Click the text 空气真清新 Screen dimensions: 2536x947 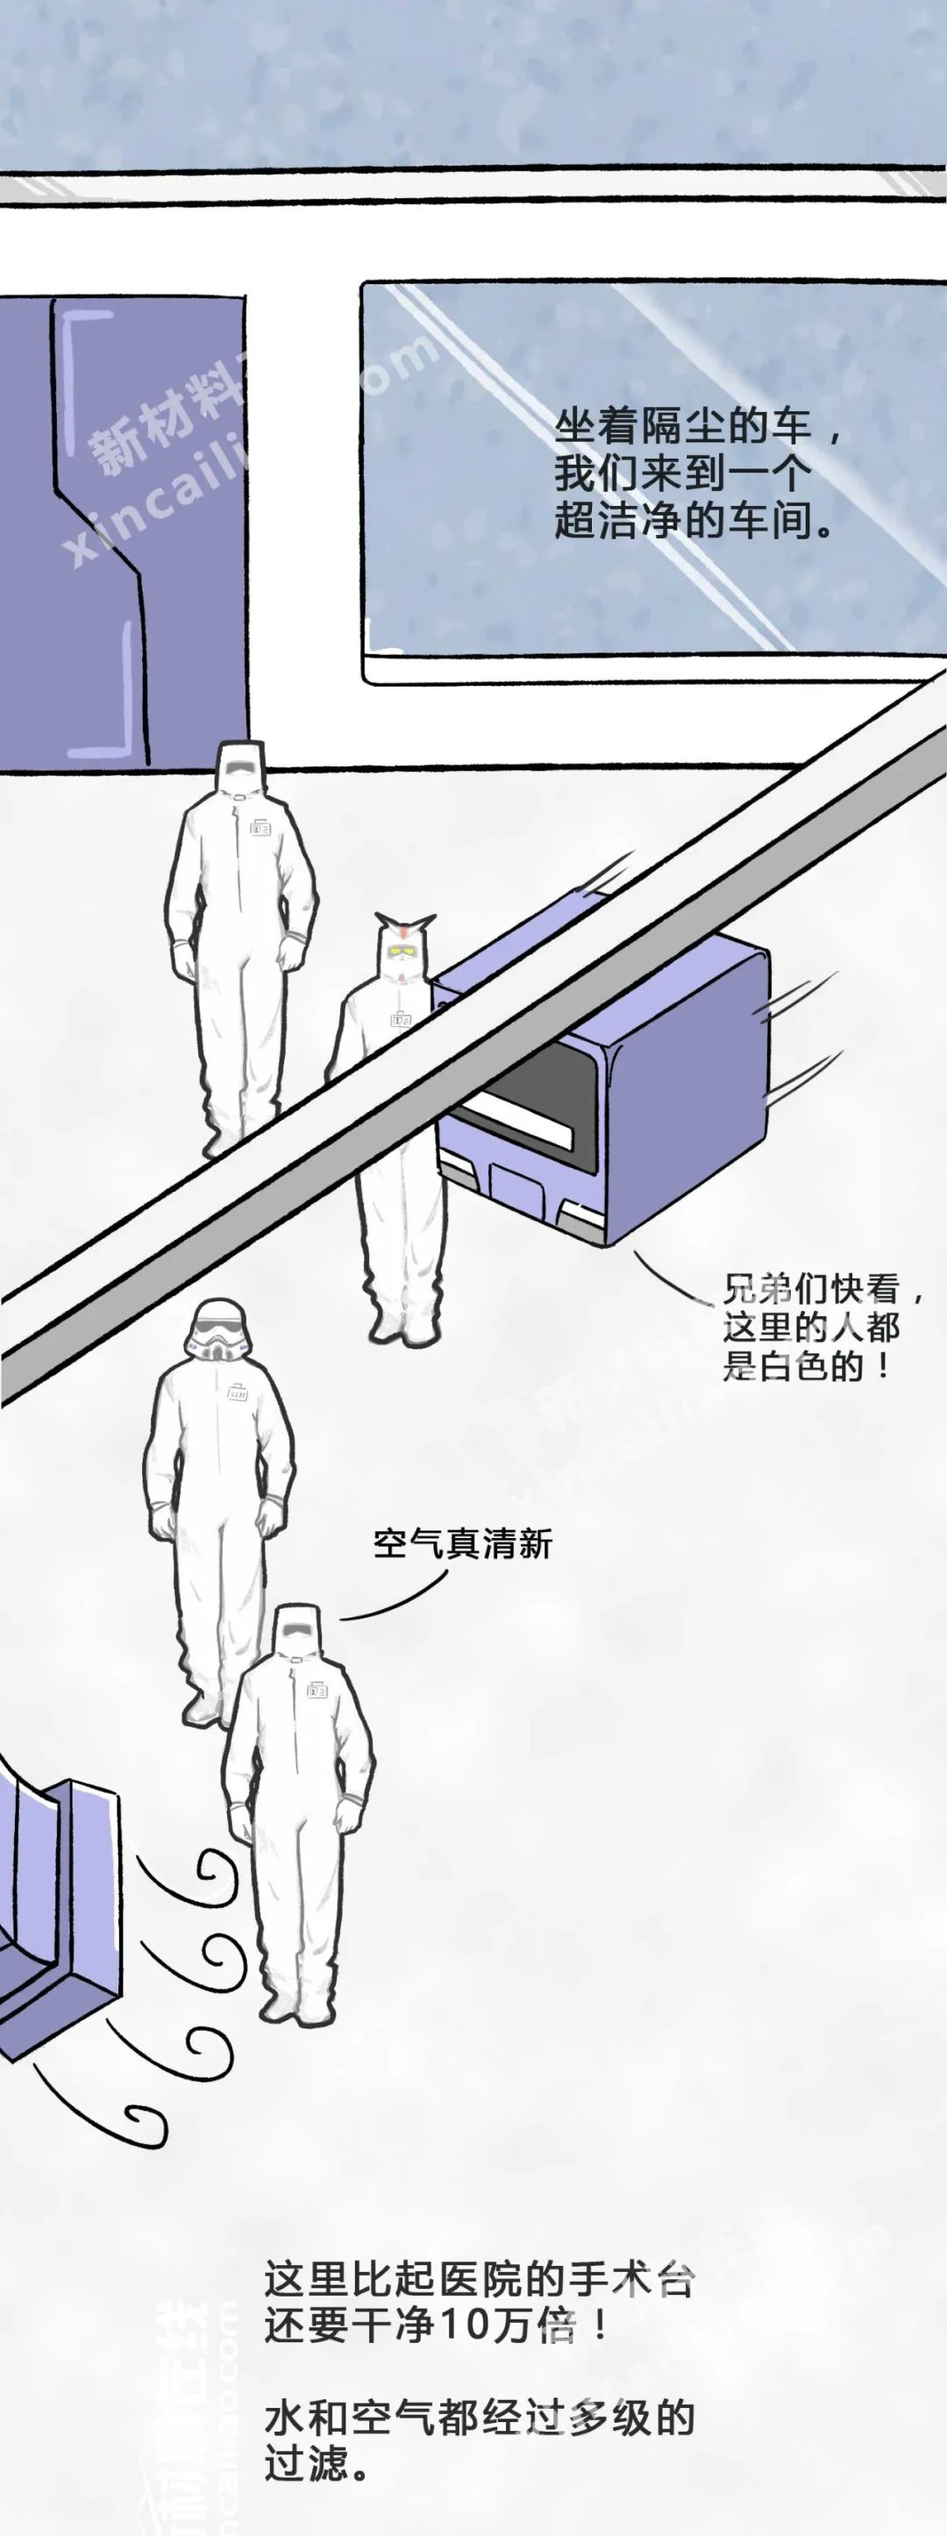pyautogui.click(x=462, y=1542)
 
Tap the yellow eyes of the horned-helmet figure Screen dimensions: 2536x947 pyautogui.click(x=402, y=949)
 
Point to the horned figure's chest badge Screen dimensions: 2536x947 pyautogui.click(x=401, y=1020)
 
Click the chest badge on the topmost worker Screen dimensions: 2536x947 pyautogui.click(x=261, y=827)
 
